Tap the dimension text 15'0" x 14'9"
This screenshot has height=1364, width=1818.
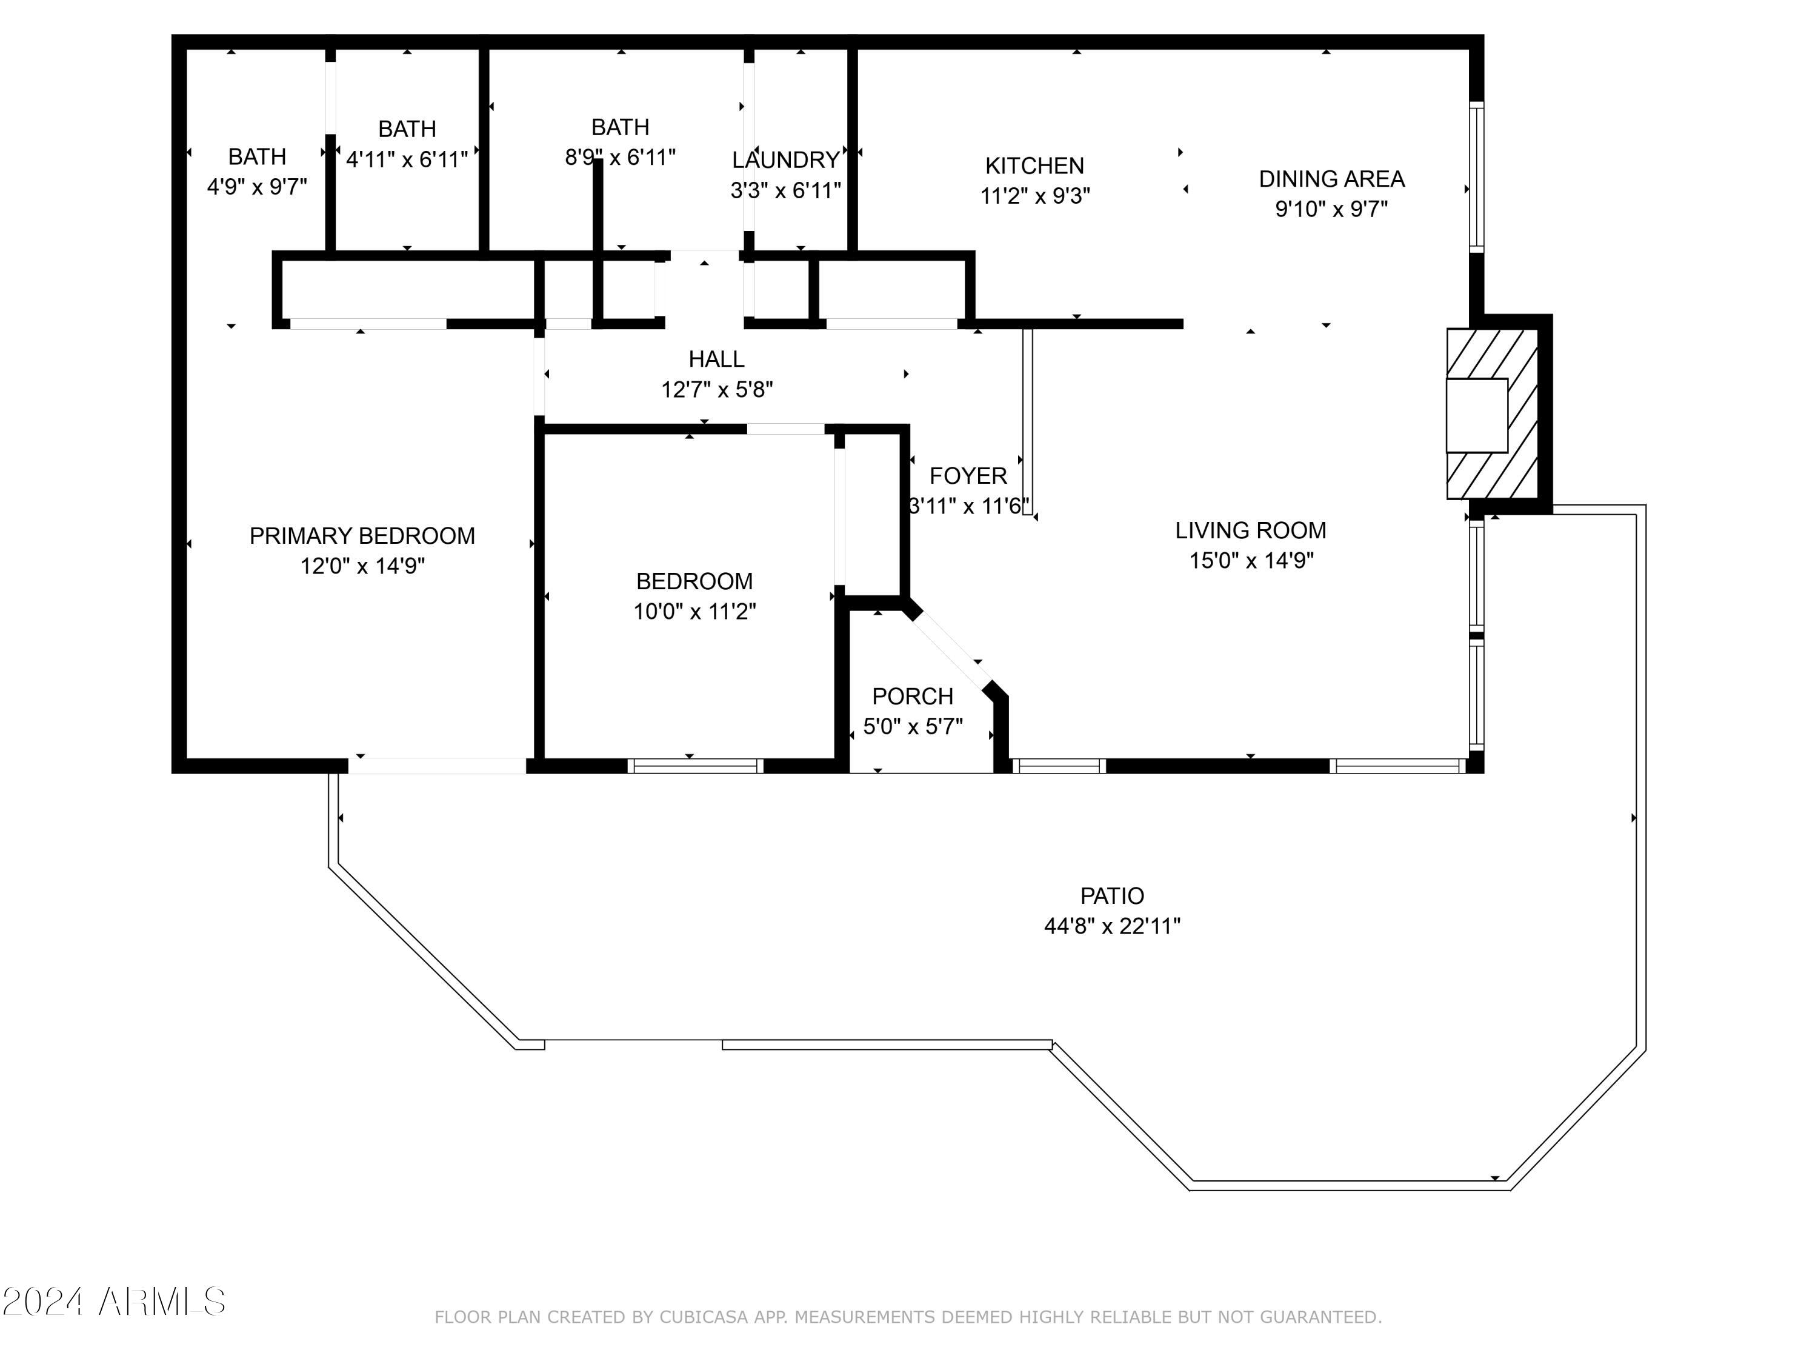pos(1251,561)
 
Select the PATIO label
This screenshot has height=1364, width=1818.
pos(1111,895)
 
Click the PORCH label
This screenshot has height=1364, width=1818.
pos(912,697)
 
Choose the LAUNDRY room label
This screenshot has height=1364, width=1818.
pos(786,160)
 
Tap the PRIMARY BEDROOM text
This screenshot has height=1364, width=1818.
pos(362,536)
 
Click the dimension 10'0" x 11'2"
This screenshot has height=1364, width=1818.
pos(694,612)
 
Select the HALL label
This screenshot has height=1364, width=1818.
pos(717,359)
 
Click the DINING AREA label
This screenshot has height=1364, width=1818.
pos(1331,179)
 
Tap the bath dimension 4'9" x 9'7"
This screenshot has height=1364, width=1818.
pos(256,187)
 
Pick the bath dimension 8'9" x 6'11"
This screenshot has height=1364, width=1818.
pos(620,157)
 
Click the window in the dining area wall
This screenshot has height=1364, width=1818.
pos(1476,177)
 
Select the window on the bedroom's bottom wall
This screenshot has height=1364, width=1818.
pos(695,766)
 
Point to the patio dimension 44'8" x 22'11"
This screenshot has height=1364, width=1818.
pos(1111,926)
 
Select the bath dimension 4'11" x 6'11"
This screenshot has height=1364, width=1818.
pos(407,159)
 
